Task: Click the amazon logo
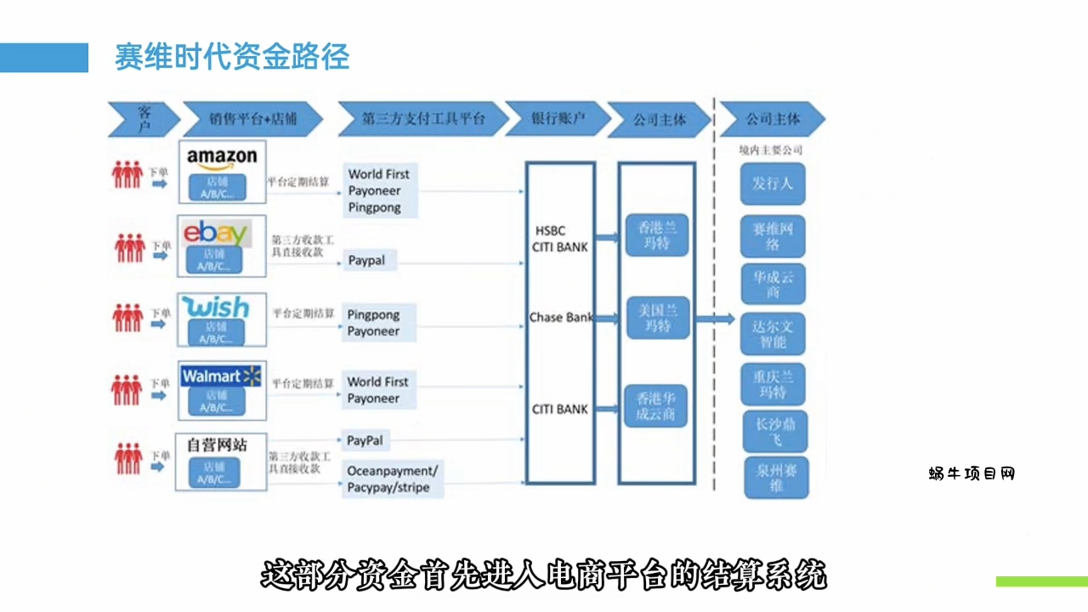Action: pos(222,158)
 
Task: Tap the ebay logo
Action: pos(215,233)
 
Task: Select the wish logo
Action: pos(218,307)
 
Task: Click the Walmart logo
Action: pos(221,376)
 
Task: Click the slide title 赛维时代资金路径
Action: pos(232,57)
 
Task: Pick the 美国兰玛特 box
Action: pos(656,318)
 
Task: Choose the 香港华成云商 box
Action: pos(656,405)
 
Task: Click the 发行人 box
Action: pos(772,184)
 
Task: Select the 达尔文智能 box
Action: pos(773,334)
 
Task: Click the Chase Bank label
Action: pos(561,317)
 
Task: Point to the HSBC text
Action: pos(550,230)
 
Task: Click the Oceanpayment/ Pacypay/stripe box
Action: pos(392,479)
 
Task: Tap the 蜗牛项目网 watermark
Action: pos(972,473)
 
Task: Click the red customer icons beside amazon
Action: pos(127,174)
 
